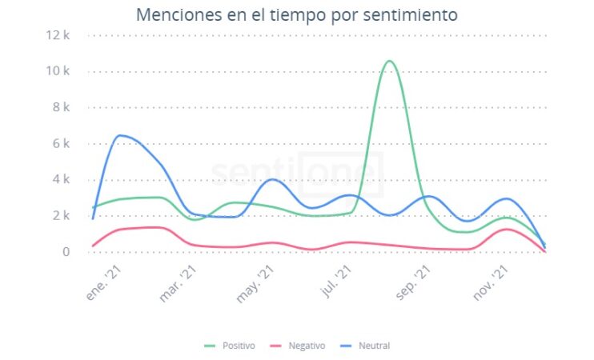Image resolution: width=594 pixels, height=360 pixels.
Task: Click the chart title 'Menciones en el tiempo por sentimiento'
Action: (297, 14)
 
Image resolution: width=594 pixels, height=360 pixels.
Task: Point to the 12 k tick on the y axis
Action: (59, 35)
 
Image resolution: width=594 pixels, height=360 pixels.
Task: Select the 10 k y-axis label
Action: (59, 71)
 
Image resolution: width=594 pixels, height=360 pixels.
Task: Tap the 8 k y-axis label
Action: (62, 107)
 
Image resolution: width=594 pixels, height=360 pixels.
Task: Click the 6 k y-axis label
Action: (62, 143)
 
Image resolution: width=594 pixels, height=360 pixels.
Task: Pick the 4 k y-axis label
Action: (62, 179)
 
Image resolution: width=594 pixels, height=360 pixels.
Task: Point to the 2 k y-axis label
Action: (62, 215)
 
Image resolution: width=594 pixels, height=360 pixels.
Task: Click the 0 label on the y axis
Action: (66, 251)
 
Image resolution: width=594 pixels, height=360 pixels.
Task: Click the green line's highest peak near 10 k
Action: (389, 61)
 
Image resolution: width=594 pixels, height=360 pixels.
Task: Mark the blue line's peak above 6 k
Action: (121, 135)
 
